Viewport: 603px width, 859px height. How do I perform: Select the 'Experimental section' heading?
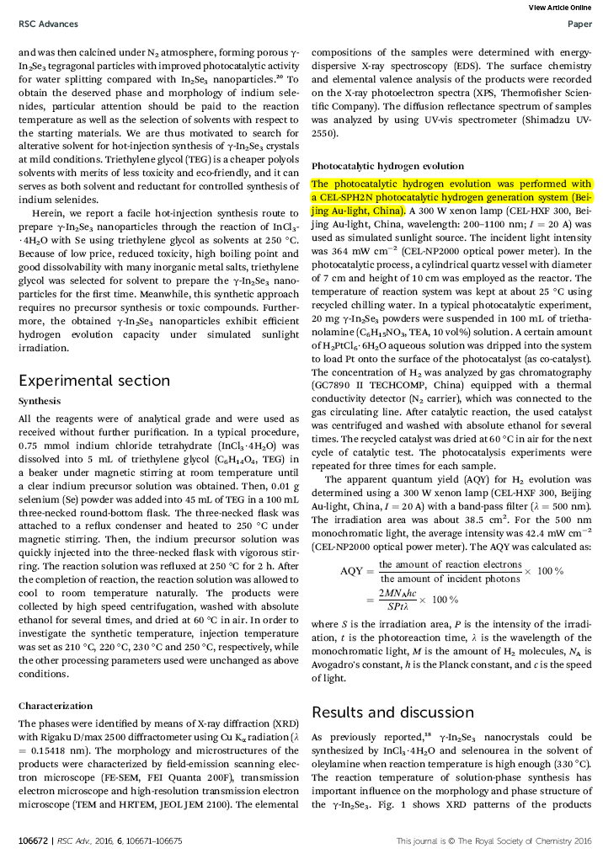pos(94,381)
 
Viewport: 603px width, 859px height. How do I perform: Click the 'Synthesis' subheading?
pos(40,402)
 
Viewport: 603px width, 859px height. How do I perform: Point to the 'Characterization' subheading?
pos(56,706)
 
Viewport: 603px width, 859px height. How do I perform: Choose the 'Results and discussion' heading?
pos(392,712)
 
